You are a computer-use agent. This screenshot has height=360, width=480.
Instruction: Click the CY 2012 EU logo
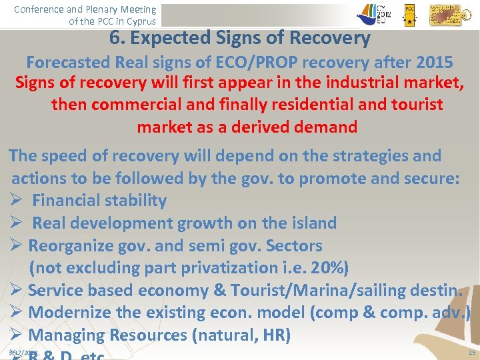tap(377, 13)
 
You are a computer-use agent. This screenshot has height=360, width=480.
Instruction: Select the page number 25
tap(472, 351)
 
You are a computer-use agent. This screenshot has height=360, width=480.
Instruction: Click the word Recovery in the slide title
tap(331, 38)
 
